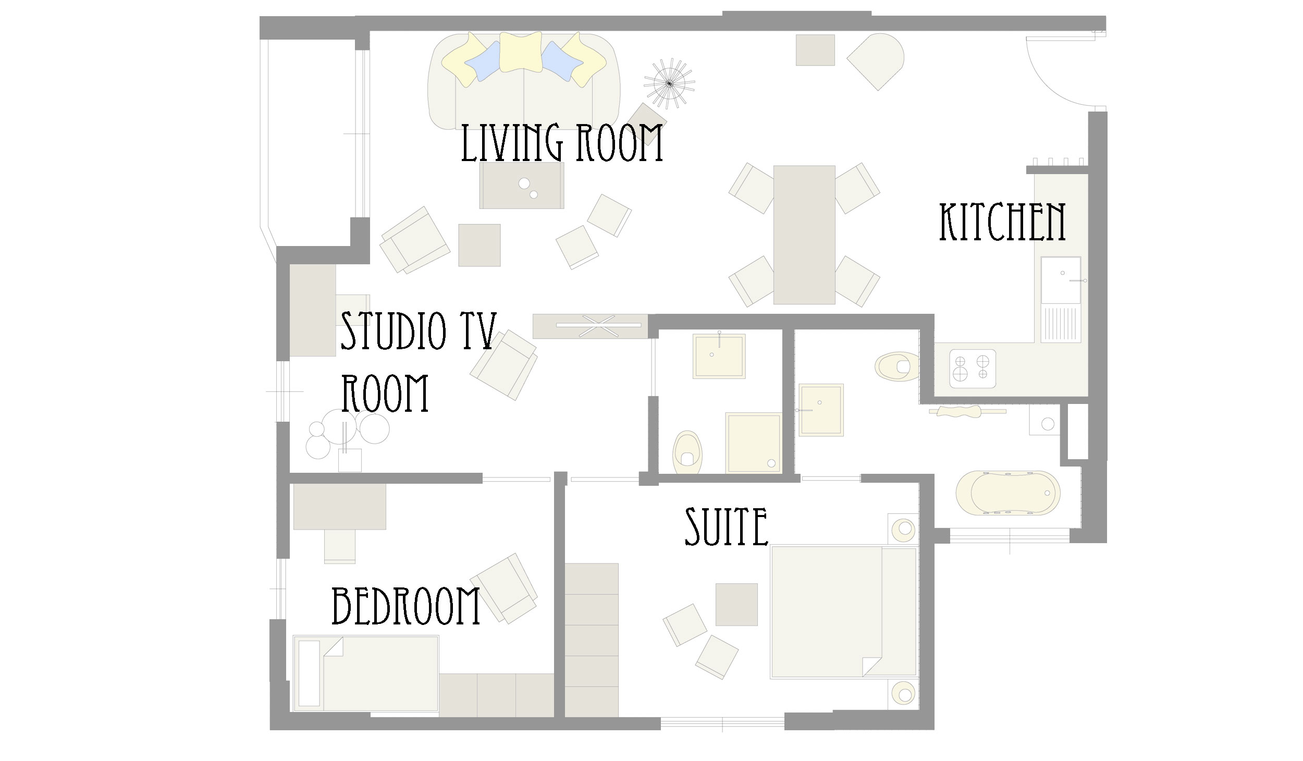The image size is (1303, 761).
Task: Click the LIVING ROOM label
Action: [x=562, y=142]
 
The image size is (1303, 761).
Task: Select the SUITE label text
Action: [x=726, y=527]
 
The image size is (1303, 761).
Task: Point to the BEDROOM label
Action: [x=405, y=606]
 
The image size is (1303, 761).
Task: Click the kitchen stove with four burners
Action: [x=973, y=369]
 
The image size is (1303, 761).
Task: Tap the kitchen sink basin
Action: [x=1061, y=280]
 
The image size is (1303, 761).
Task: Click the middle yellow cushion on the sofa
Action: [x=521, y=52]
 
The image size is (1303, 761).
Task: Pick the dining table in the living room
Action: [x=804, y=235]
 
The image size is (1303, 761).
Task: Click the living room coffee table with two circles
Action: [x=522, y=186]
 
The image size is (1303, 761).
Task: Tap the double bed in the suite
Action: [x=843, y=612]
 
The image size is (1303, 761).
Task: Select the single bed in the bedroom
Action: [x=365, y=673]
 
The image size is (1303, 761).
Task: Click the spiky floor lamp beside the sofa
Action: [x=669, y=83]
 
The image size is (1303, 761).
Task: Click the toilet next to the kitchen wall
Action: [x=894, y=366]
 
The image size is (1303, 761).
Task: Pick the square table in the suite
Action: [x=736, y=604]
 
